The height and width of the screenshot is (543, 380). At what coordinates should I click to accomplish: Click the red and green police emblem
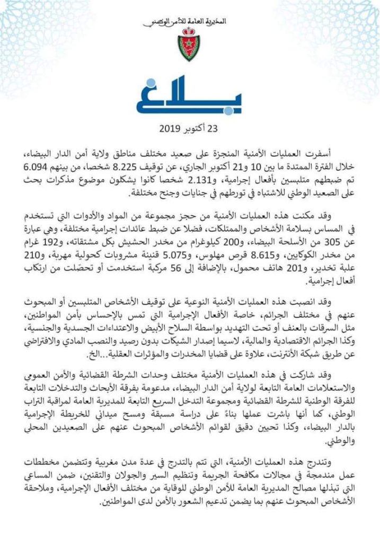[x=189, y=47]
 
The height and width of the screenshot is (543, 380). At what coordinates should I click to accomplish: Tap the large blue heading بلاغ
[x=189, y=97]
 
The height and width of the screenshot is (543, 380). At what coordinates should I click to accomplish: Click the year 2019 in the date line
[x=170, y=129]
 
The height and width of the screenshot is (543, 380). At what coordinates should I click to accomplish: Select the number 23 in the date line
[x=213, y=129]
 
